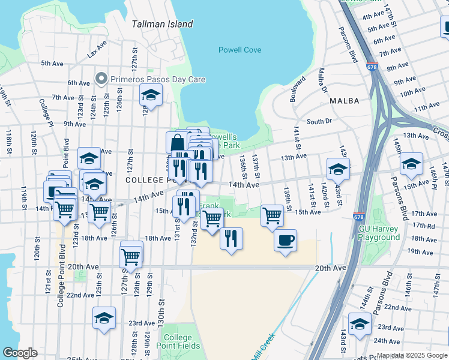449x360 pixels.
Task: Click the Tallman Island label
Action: (162, 24)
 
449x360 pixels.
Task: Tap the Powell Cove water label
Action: (240, 50)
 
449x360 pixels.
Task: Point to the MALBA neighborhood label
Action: (344, 101)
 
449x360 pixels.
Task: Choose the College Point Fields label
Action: (178, 341)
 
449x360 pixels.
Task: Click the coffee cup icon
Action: (285, 240)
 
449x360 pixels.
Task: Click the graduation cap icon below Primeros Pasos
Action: (151, 95)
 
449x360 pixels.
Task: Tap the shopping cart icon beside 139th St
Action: (272, 215)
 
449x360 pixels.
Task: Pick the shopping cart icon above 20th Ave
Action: (130, 256)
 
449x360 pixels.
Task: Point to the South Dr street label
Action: (319, 121)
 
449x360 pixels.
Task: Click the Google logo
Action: (20, 353)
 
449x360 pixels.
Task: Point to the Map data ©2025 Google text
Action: (412, 356)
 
